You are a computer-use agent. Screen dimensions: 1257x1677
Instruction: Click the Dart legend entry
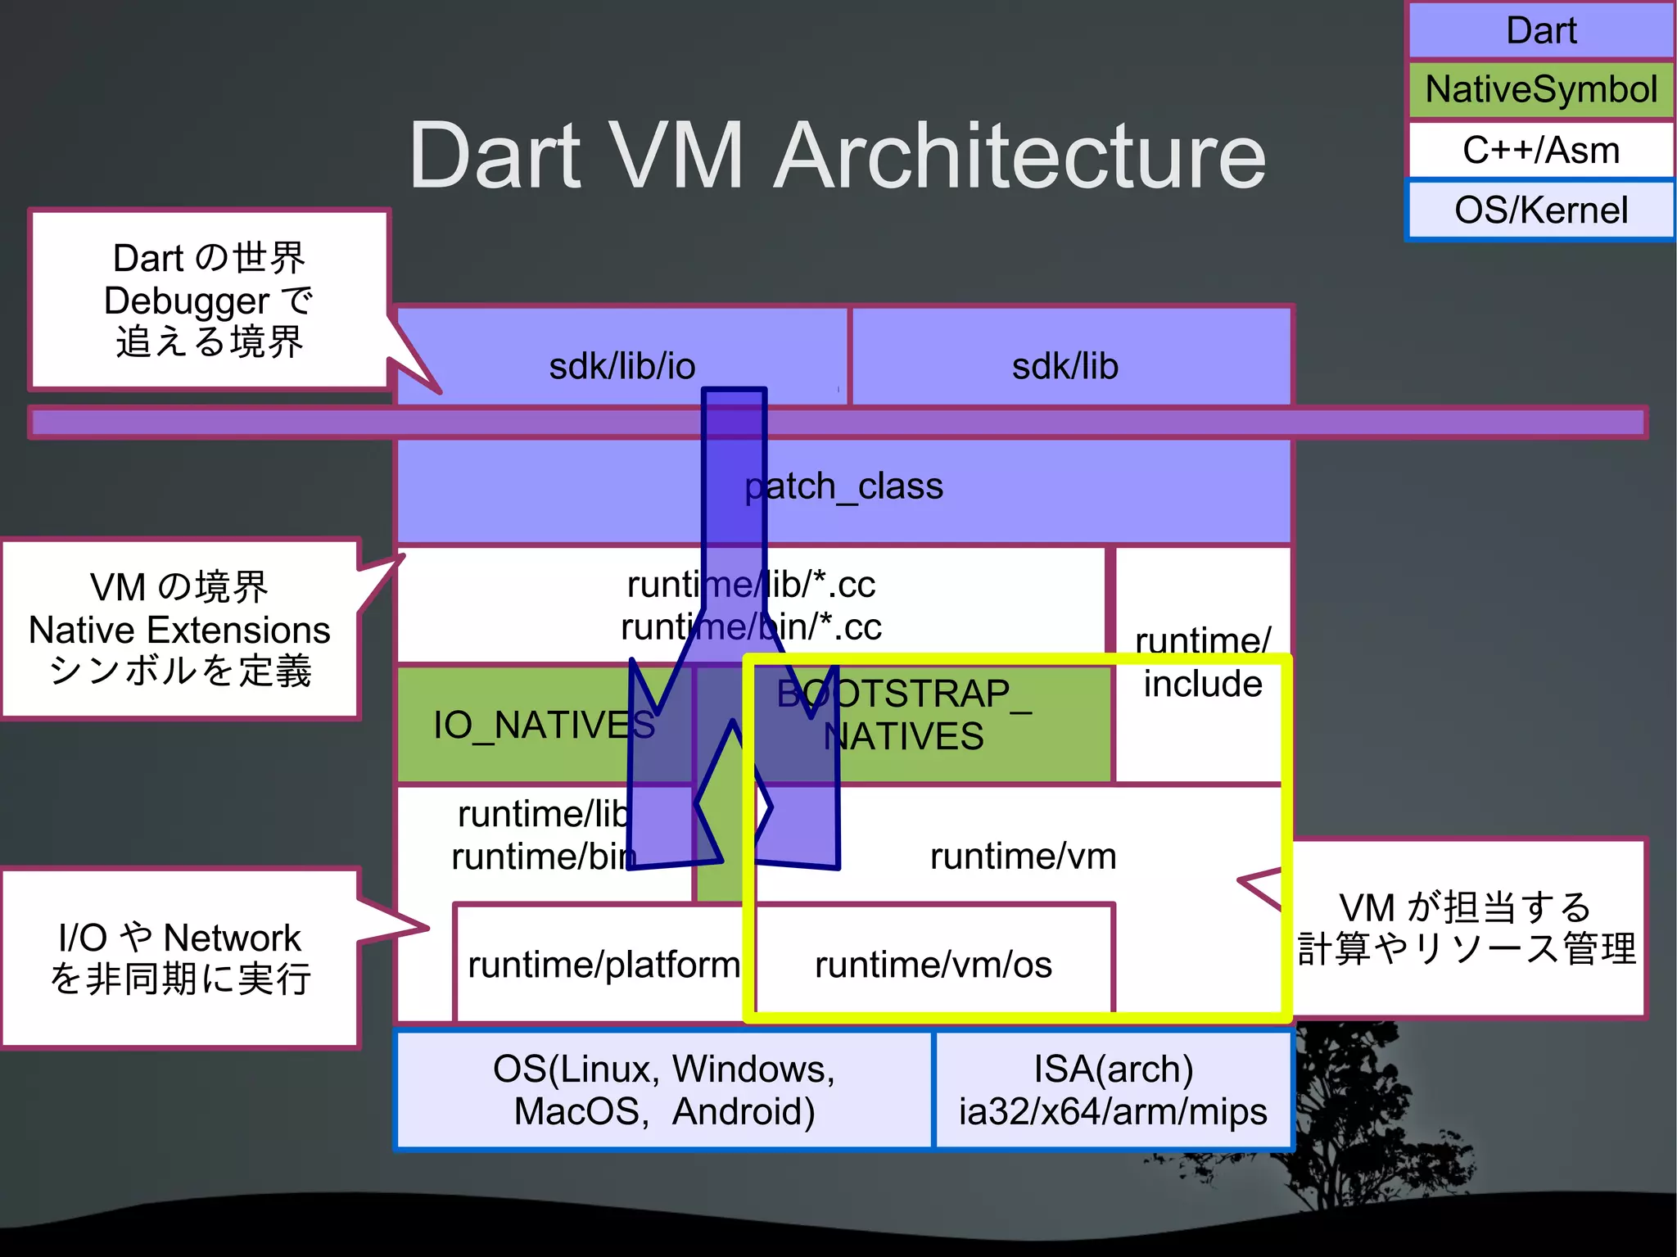[1540, 31]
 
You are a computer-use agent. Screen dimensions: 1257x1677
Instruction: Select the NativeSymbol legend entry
[1540, 89]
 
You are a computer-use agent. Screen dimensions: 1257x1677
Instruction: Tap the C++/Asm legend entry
[1540, 150]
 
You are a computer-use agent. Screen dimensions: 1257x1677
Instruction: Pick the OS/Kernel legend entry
[1540, 210]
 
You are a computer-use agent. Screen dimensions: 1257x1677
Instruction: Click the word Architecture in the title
[1019, 156]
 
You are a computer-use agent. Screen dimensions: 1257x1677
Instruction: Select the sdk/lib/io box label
[622, 366]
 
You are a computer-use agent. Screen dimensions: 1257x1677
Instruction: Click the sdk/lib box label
[1065, 366]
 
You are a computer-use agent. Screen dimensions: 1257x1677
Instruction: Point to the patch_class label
[843, 486]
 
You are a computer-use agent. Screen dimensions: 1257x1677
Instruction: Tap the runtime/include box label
[1202, 662]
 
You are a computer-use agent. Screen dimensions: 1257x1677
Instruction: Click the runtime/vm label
[1023, 857]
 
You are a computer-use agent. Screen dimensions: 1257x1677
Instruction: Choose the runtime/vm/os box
[933, 965]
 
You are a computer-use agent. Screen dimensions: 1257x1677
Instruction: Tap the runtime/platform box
[603, 965]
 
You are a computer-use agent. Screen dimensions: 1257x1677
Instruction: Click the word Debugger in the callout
[186, 301]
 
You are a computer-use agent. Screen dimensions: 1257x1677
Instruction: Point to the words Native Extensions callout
[179, 630]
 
